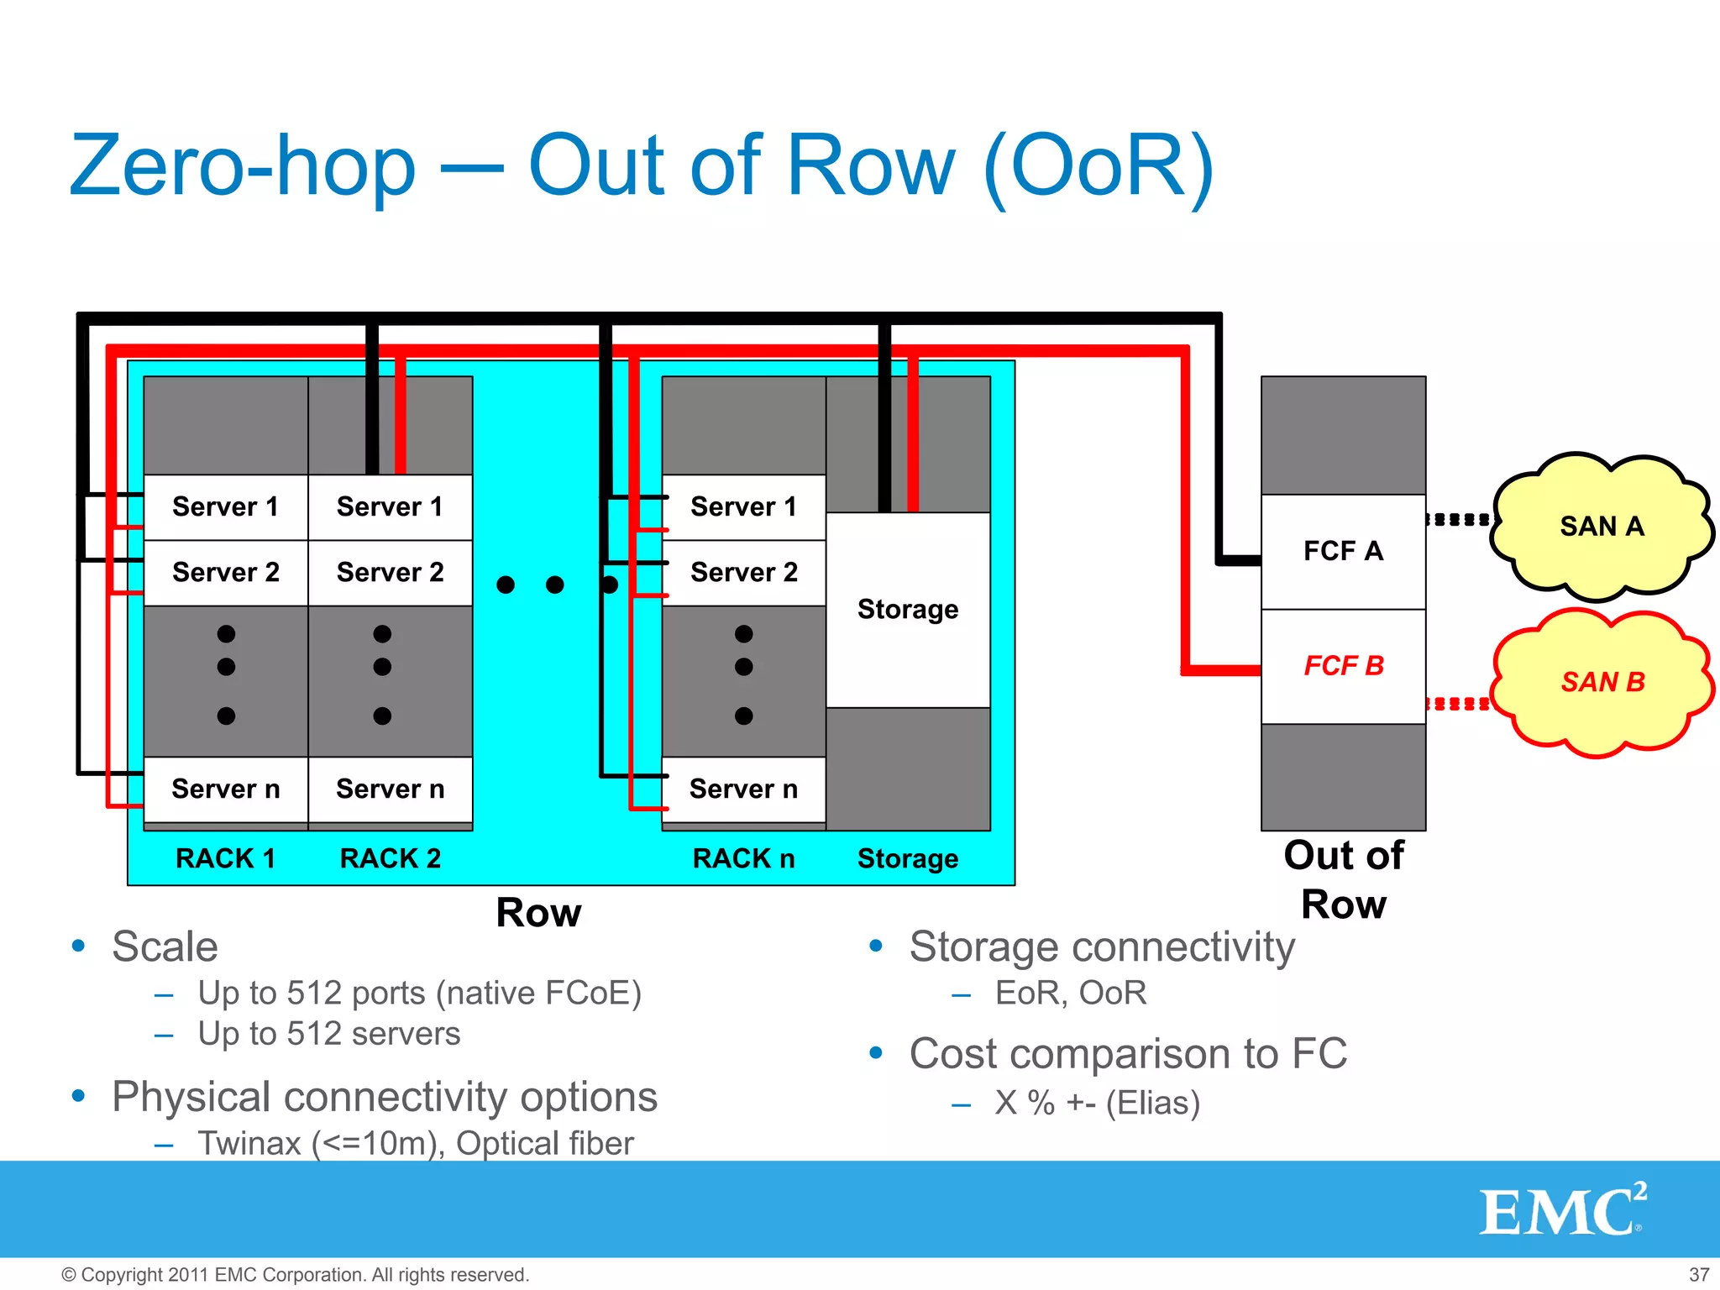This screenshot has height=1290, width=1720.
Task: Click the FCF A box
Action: [x=1342, y=551]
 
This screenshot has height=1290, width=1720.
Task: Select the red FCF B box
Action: [x=1342, y=666]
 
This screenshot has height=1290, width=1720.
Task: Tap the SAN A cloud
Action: [x=1601, y=527]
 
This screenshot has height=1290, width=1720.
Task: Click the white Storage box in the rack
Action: [x=907, y=610]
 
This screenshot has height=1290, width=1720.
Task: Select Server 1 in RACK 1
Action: [x=225, y=507]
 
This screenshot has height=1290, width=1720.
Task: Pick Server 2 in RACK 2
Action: [x=390, y=573]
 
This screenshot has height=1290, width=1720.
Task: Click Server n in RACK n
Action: [x=743, y=789]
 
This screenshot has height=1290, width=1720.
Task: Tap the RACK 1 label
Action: [x=225, y=858]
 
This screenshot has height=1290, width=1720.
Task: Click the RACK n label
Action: [x=743, y=858]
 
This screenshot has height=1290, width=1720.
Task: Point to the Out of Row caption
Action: [x=1343, y=879]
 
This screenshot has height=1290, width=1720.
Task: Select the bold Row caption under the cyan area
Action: [x=538, y=913]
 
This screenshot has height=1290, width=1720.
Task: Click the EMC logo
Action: [x=1561, y=1210]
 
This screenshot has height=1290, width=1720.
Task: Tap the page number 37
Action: [x=1698, y=1275]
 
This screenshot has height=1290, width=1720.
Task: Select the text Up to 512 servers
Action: [x=329, y=1034]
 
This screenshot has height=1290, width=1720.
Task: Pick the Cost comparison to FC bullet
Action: [x=1128, y=1054]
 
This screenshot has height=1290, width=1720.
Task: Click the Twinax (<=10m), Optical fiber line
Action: [x=415, y=1144]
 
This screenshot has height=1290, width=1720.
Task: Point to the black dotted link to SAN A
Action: [x=1460, y=520]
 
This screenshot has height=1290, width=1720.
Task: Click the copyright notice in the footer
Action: [x=295, y=1275]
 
